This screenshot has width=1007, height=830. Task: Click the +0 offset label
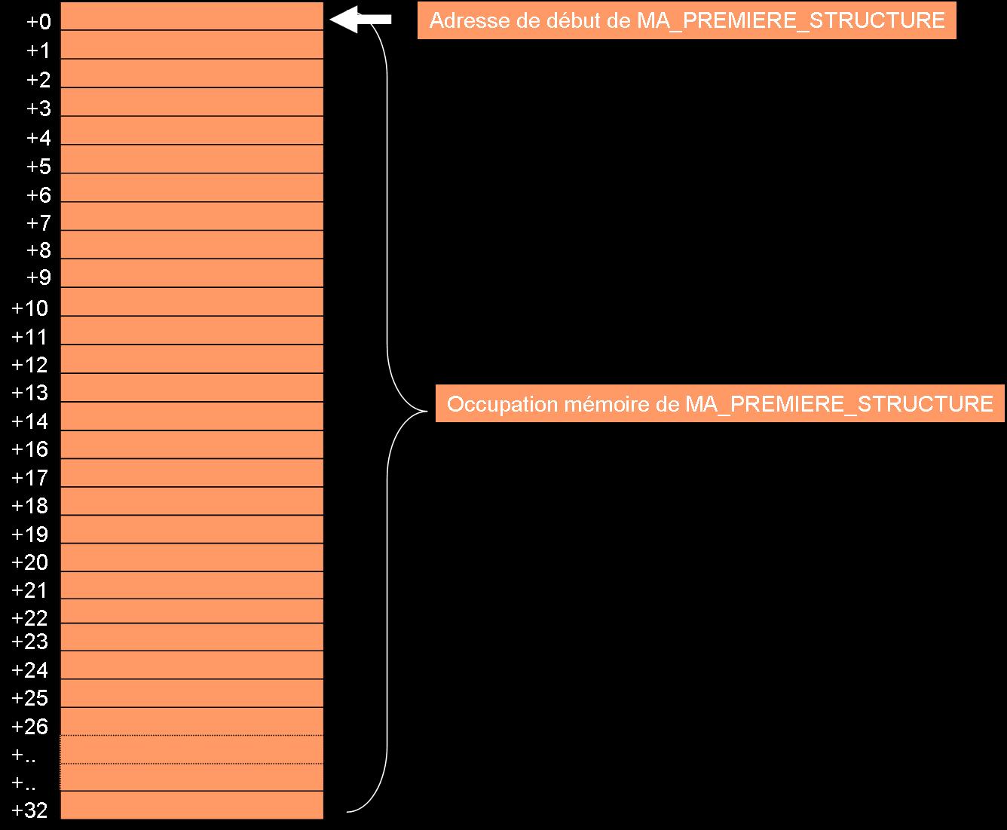[38, 22]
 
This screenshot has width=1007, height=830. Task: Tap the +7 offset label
[38, 223]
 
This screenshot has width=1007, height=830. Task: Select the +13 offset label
[30, 393]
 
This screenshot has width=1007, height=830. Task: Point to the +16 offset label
[30, 449]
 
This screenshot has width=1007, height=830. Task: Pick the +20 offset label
[30, 562]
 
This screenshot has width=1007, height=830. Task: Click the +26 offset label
[30, 726]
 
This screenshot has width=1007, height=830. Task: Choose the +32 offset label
[30, 810]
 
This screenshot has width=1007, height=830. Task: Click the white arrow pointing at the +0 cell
[360, 20]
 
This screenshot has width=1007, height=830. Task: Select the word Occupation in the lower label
[502, 404]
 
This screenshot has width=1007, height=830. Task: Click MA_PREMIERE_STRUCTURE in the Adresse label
[791, 21]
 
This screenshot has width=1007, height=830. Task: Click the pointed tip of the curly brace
[427, 411]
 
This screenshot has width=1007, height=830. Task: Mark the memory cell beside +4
[192, 130]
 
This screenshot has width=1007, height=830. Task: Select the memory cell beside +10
[192, 302]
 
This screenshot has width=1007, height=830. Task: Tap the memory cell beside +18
[192, 501]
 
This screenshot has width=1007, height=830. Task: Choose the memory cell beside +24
[192, 665]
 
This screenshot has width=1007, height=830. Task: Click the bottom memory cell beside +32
[192, 805]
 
